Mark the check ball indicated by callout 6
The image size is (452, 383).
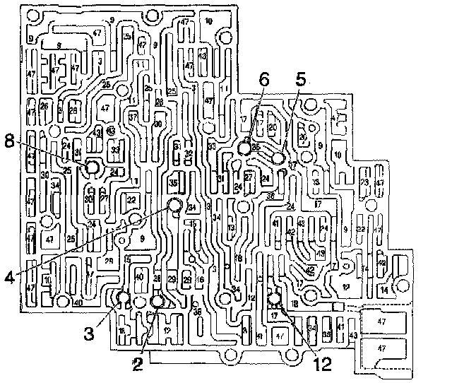pos(245,149)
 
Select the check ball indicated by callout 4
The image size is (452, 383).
pos(174,206)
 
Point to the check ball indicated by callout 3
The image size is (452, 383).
pos(123,297)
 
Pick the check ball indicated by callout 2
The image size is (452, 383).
pos(157,302)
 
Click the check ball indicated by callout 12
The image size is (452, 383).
pos(275,300)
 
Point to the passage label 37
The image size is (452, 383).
pos(132,117)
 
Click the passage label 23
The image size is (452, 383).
pos(364,182)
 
